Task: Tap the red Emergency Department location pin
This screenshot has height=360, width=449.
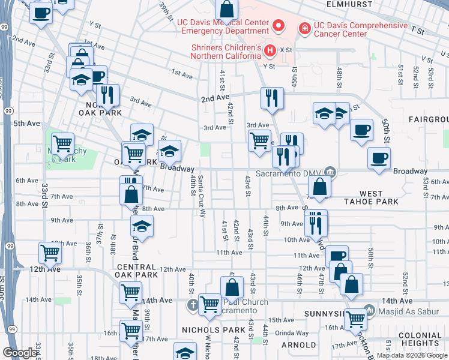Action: tap(278, 26)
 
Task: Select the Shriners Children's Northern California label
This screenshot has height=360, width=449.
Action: tap(226, 52)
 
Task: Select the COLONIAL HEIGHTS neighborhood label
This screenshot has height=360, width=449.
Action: tap(421, 340)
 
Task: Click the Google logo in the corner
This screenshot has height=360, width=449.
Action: tap(20, 353)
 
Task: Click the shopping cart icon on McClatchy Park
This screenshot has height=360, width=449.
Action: tap(62, 143)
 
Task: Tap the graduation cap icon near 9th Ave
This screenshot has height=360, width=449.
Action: tap(142, 226)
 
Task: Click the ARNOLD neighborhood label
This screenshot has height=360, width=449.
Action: tap(298, 344)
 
